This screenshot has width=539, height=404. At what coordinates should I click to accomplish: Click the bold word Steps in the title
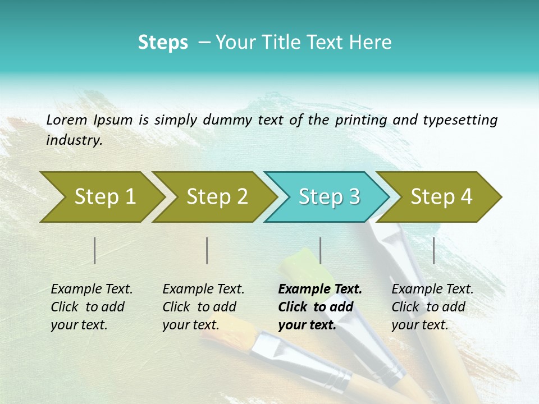(x=163, y=43)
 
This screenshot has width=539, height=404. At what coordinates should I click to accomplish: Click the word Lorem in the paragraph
(x=66, y=120)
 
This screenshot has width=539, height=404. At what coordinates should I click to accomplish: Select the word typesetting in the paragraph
(x=460, y=120)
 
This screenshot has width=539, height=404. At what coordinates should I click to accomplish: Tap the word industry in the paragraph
(x=74, y=140)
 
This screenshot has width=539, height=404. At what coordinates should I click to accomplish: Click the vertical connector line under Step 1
(x=95, y=250)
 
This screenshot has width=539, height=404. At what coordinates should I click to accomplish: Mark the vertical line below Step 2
(x=207, y=250)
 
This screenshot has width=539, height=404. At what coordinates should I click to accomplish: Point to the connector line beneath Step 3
(x=321, y=250)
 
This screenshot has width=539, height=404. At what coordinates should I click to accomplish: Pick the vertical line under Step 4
(x=434, y=250)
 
